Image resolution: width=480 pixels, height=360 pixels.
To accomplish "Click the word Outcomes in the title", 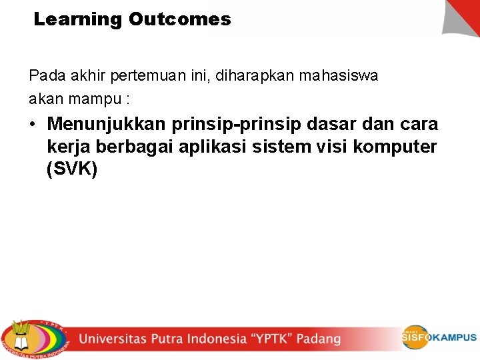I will [180, 19].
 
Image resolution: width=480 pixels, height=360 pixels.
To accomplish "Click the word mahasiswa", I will [339, 76].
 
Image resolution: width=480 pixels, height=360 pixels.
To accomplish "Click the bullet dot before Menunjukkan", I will [33, 125].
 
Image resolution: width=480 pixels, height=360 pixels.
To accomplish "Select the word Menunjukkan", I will [107, 125].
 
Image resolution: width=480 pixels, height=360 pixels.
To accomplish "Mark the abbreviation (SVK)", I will [73, 170].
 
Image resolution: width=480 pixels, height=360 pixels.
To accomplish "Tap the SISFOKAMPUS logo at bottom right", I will [438, 337].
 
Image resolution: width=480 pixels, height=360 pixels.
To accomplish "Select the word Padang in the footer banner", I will [319, 339].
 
